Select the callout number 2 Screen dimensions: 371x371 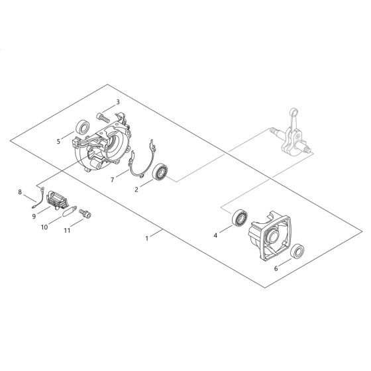point(136,189)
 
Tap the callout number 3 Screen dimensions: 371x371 point(117,102)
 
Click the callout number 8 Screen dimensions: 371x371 point(21,193)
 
